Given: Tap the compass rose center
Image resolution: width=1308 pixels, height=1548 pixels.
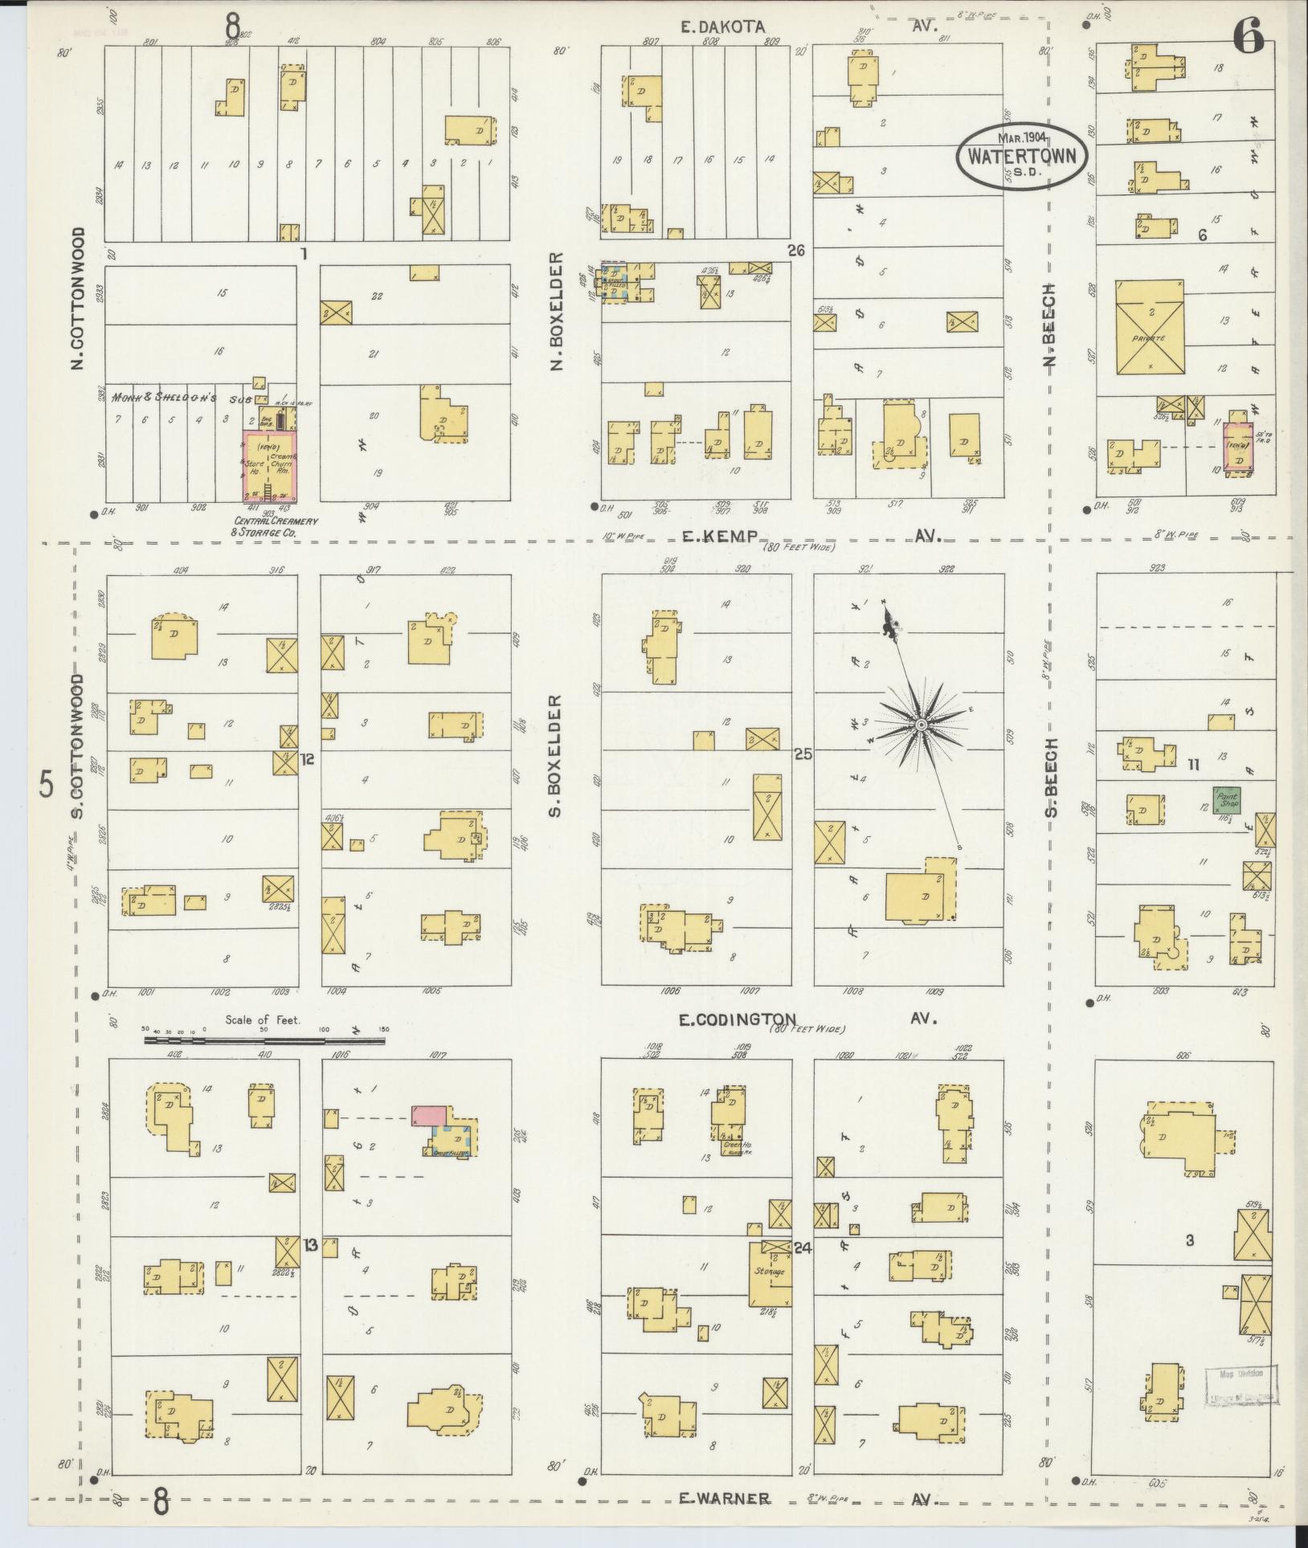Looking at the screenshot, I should pyautogui.click(x=922, y=725).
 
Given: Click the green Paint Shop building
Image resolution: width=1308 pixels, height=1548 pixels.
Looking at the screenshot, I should pyautogui.click(x=1226, y=799).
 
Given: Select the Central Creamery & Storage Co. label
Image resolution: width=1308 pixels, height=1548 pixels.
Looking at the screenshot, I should pyautogui.click(x=274, y=526).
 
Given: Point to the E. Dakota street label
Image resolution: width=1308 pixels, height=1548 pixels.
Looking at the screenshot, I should pyautogui.click(x=721, y=27).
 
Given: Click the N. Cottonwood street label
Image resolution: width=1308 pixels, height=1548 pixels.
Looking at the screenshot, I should pyautogui.click(x=78, y=299).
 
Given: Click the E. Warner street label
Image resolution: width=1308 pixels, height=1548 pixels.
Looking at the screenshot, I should pyautogui.click(x=725, y=1498).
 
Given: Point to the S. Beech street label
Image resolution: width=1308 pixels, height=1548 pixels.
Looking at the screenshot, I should pyautogui.click(x=1052, y=777).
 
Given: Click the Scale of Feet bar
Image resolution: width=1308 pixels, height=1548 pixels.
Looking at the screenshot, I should pyautogui.click(x=264, y=1040).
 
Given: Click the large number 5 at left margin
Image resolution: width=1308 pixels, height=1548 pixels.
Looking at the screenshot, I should pyautogui.click(x=47, y=784).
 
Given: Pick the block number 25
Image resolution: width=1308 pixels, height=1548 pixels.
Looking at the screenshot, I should pyautogui.click(x=803, y=754).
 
